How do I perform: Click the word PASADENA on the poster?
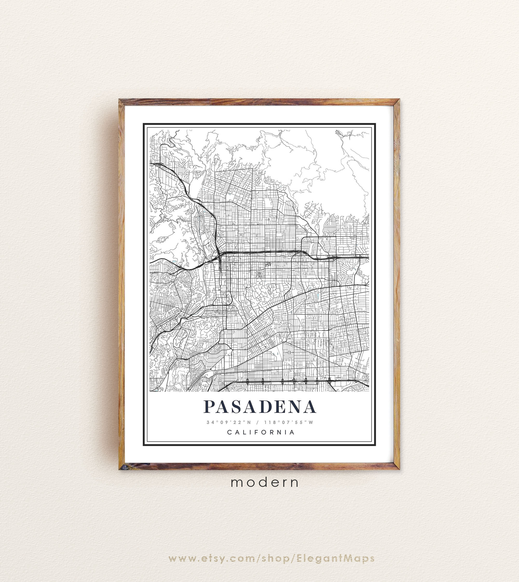259,407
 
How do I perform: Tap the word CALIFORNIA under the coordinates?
261,432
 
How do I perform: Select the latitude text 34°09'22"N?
229,422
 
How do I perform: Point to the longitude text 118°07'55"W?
288,422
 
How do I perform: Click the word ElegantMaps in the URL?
335,551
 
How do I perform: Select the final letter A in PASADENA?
309,407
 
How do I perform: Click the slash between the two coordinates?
257,422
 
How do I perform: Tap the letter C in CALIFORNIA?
229,432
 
